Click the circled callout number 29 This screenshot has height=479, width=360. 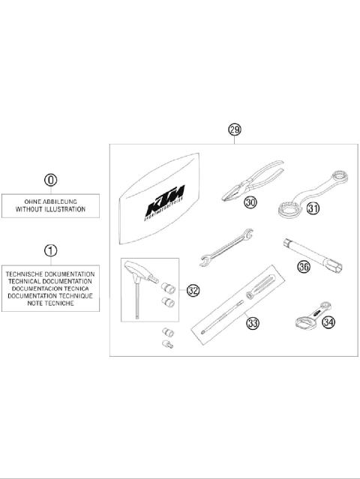(235, 130)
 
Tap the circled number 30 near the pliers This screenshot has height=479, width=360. (250, 202)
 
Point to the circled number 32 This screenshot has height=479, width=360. (193, 290)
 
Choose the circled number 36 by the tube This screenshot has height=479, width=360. (304, 265)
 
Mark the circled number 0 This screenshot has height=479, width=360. (50, 180)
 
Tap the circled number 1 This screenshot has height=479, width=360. (50, 250)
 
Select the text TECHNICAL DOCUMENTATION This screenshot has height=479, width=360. (51, 281)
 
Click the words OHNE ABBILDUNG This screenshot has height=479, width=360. (51, 202)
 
